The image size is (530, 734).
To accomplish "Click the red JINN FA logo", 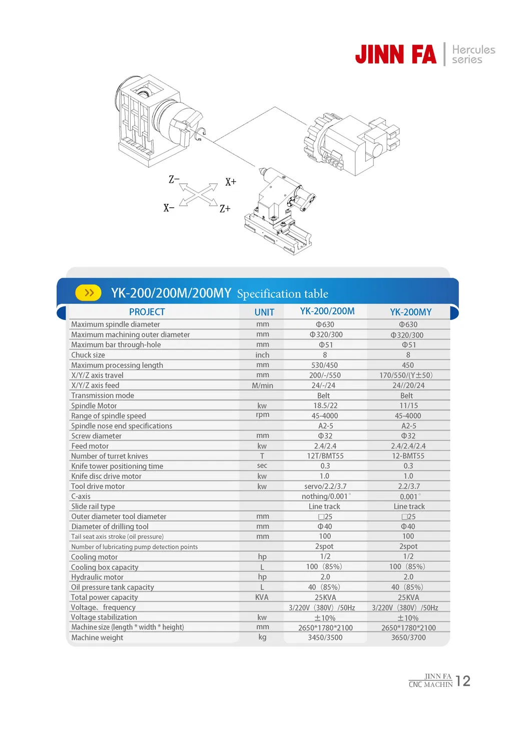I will point(395,55).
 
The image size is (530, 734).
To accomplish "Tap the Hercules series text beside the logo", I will point(473,55).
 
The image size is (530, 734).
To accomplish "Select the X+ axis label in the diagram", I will point(231,182).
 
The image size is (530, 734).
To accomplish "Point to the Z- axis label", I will point(174,179).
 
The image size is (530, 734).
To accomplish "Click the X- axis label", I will point(169,208).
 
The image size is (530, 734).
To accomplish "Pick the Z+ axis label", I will point(225,209).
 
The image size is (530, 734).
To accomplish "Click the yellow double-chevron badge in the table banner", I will point(89,293).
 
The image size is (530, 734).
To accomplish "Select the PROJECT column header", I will point(147,312).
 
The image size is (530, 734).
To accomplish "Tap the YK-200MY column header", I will point(410,312).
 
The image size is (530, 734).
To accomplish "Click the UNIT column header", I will point(264,312).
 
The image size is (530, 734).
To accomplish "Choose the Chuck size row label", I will point(88,355).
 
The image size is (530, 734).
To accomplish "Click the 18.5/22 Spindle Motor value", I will point(325,406).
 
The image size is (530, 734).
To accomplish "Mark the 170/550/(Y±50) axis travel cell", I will point(406,375).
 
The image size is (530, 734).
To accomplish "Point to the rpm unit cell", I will point(262,415).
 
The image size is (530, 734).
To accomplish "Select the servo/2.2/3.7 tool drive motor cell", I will point(325,486).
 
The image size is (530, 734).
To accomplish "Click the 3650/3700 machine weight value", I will point(408,637).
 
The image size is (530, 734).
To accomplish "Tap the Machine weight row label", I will point(97,637).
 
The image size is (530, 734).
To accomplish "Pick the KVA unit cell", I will point(262,597).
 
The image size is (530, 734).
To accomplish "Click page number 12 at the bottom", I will point(463,681).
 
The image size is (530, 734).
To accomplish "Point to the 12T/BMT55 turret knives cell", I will point(325,456).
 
